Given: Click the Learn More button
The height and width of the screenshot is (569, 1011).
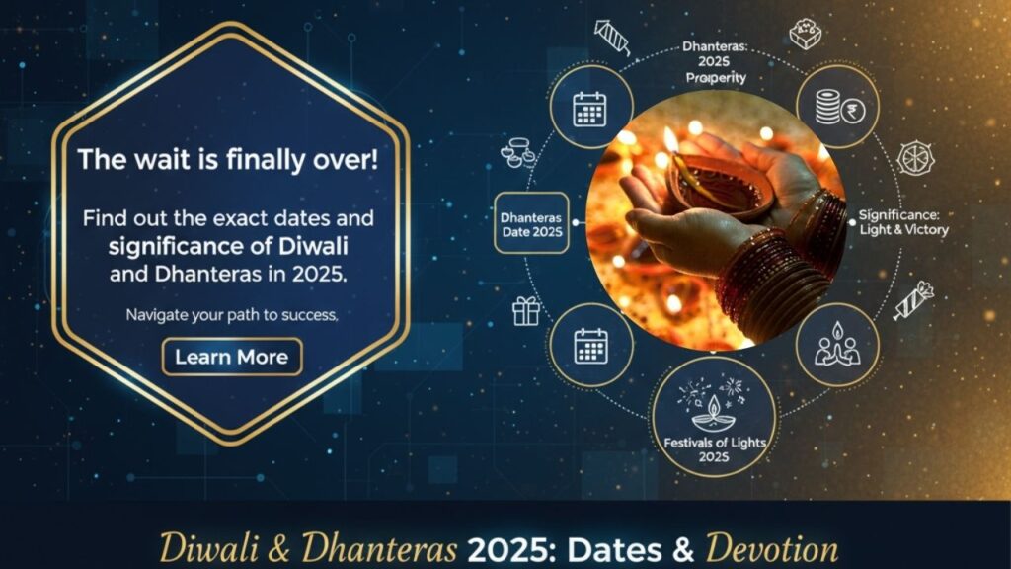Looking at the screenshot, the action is [x=232, y=357].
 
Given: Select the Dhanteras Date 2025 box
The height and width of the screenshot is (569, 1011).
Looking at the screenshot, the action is [x=531, y=223].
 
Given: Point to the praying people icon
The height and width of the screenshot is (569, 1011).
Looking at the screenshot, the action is [x=837, y=345].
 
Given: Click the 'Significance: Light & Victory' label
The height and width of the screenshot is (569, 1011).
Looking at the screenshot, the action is [x=903, y=222].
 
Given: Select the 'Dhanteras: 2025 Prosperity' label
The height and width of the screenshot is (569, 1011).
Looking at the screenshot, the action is [x=715, y=62].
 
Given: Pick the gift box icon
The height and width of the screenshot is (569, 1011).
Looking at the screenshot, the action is [x=525, y=311].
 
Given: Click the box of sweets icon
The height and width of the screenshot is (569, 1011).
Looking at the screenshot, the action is [x=806, y=35].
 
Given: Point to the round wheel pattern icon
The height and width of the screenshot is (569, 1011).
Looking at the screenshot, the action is [x=915, y=158].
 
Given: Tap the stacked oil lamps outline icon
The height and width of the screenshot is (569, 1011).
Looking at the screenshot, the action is [x=517, y=152].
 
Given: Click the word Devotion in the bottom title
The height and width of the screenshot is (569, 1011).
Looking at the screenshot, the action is [x=772, y=549].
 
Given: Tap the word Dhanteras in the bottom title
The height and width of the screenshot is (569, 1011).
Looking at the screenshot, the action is [x=379, y=548].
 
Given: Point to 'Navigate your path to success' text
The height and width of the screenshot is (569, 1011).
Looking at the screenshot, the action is [x=231, y=315].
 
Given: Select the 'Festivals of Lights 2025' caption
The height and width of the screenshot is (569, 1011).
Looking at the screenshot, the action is [x=715, y=449].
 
